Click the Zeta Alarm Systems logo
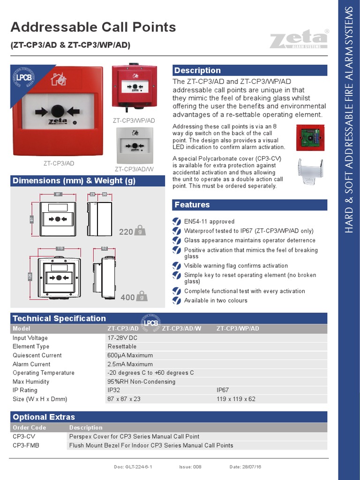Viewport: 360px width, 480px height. tap(298, 40)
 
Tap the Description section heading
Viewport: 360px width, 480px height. tap(197, 70)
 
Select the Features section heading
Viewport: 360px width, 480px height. tap(192, 204)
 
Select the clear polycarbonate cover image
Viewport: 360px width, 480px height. tap(310, 172)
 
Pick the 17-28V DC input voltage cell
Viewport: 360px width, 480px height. tap(122, 338)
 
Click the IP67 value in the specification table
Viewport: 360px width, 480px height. tap(223, 390)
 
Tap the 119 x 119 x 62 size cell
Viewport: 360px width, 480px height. tap(236, 399)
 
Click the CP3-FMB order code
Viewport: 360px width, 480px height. tap(26, 445)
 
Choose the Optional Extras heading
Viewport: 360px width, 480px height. tap(44, 417)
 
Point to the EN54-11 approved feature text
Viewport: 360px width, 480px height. tap(209, 222)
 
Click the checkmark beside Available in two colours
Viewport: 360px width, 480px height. tap(176, 300)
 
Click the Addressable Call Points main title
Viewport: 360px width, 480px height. tap(93, 27)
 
